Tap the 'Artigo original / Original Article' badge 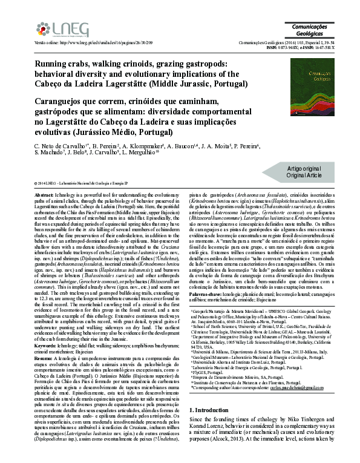point(304,171)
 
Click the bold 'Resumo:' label point(44,358)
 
